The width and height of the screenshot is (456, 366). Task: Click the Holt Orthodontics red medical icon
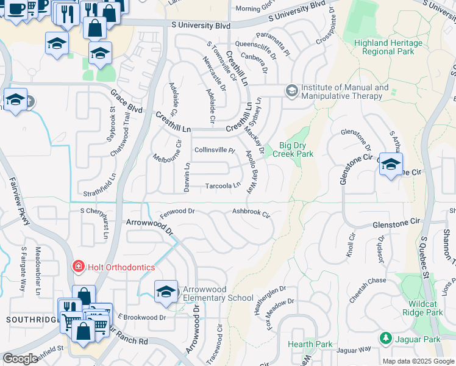pos(78,266)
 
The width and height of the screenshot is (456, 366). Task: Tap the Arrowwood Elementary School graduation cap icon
pos(165,291)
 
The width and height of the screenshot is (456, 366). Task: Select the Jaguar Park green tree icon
pos(385,338)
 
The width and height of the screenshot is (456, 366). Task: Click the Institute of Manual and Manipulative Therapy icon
pos(292,91)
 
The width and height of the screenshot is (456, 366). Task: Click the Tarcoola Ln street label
pos(223,185)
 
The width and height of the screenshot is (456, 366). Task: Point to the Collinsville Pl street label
pos(214,150)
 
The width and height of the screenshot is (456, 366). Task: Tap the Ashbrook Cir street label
pos(251,212)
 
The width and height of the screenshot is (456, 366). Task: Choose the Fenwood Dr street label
pos(177,212)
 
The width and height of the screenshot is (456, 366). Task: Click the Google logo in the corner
pos(20,359)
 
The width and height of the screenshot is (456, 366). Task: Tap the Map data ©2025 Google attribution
pos(418,361)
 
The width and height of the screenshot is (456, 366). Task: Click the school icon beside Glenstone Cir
pos(391,164)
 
